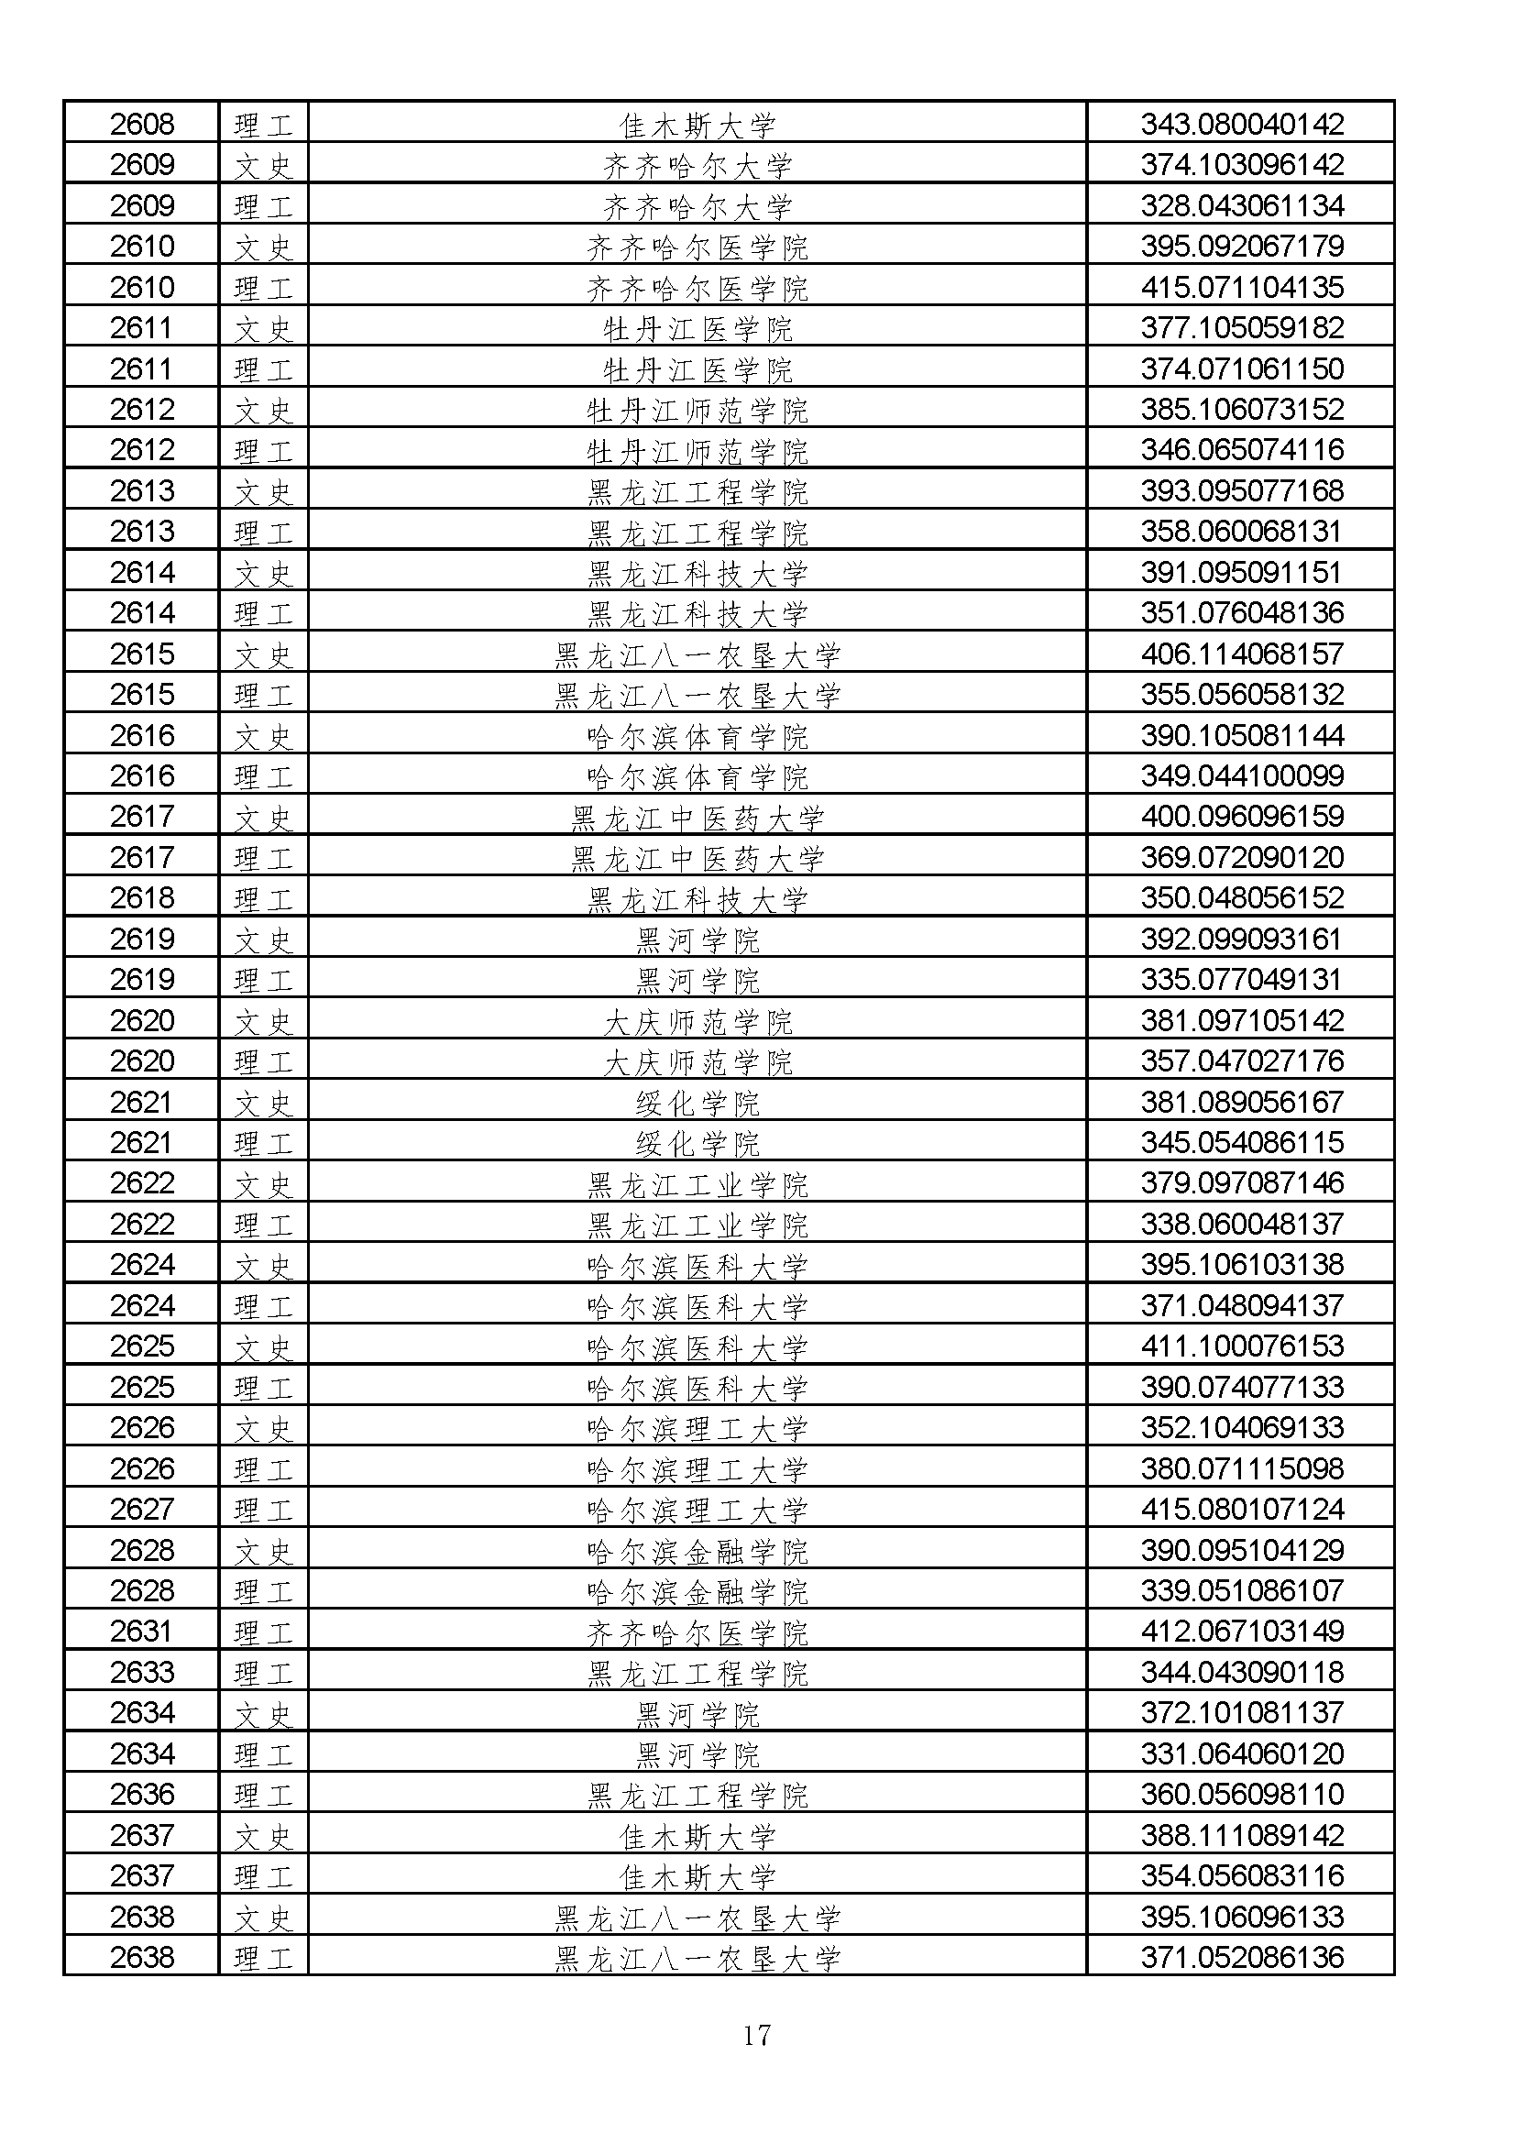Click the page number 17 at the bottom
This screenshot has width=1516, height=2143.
point(756,2035)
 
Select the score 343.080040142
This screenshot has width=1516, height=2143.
point(1242,123)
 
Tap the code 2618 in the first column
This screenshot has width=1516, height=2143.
point(142,898)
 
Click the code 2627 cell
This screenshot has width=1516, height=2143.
point(142,1510)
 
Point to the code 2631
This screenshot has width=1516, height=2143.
point(142,1632)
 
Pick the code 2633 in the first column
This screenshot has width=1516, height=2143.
point(142,1672)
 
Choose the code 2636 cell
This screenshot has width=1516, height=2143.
point(142,1794)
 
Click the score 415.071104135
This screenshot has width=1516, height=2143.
point(1242,287)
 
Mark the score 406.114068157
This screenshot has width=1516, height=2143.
point(1242,654)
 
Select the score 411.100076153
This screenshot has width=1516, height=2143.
point(1242,1346)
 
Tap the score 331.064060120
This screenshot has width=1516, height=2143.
point(1242,1753)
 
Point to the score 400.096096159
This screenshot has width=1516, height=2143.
point(1242,817)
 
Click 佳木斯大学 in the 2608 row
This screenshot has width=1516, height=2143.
point(698,124)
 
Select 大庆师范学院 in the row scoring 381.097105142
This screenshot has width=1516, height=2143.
point(698,1021)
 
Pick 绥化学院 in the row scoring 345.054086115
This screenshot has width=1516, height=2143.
point(698,1143)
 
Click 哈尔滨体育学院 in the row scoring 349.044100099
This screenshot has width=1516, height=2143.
point(698,776)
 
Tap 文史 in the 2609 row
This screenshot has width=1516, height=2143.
point(263,165)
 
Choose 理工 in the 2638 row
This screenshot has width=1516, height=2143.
point(263,1958)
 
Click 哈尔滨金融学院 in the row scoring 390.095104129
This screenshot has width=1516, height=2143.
point(698,1550)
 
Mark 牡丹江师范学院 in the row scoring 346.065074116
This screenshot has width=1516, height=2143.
point(698,451)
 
